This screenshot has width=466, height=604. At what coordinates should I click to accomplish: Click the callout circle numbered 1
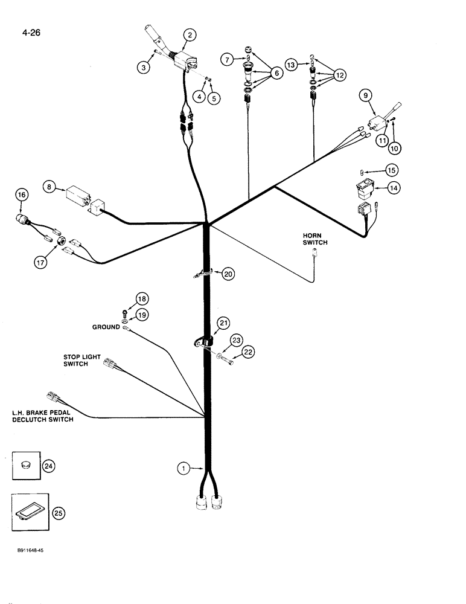coord(182,467)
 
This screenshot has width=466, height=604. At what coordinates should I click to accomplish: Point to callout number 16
coord(22,195)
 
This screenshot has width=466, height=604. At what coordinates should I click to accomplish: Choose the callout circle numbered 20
coord(227,274)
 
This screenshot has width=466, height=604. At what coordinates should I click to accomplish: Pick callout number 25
coord(59,513)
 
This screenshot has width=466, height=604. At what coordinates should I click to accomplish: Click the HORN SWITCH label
coord(314,239)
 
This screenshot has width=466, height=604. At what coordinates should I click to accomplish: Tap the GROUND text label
coord(106,327)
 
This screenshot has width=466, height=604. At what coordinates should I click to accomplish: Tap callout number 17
coord(40,263)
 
